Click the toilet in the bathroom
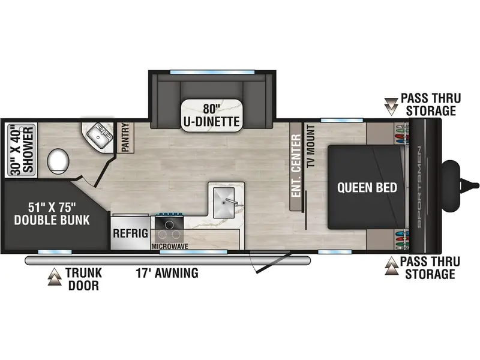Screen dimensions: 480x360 coord(58,161)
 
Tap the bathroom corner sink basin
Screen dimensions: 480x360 coord(98,134)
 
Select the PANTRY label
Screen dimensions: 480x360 coord(125,137)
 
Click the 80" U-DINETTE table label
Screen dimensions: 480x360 coord(211,115)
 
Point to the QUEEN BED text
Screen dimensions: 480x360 coord(367,187)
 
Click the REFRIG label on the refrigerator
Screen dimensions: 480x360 coord(130,233)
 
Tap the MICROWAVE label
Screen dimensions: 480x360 coord(170,247)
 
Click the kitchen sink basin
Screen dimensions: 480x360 coord(224,202)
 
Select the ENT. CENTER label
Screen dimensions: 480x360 coord(296,166)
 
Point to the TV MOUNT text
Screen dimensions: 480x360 coord(311,146)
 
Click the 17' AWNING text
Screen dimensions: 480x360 coord(167,273)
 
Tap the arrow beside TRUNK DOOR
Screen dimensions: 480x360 coord(55,277)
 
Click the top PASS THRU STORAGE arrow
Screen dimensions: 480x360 coord(391,107)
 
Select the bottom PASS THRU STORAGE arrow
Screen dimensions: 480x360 coord(392,266)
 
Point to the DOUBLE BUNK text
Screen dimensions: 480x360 coord(52,220)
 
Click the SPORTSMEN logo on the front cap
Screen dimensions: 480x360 coord(419,187)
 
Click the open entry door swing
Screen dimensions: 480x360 coord(269,262)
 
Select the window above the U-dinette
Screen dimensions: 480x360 coord(212,72)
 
